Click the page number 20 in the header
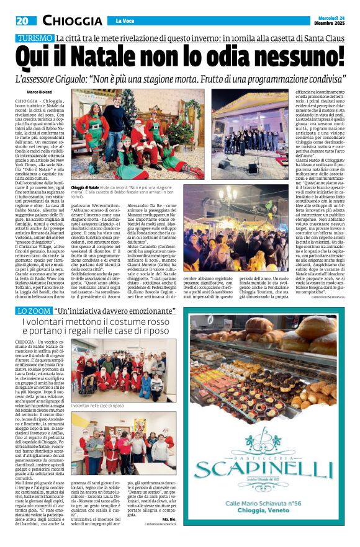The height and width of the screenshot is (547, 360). click(22, 21)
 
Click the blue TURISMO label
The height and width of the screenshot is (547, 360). click(35, 38)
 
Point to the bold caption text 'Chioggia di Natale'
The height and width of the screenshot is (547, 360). click(85, 187)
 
